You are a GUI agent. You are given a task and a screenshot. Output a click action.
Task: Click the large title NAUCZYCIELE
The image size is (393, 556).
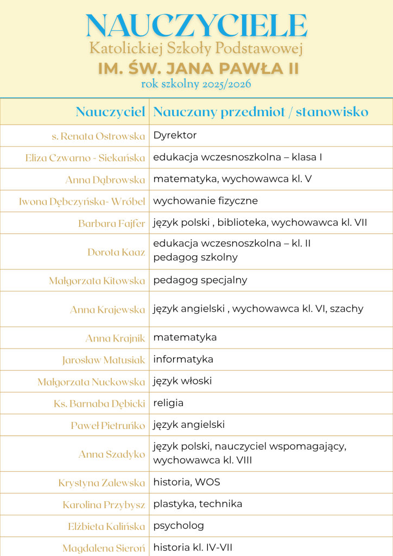pos(196,26)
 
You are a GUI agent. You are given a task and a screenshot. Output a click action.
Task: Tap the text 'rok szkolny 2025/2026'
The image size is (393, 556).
pos(196,84)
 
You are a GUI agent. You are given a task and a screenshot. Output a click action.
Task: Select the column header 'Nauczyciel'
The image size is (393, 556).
pos(110,112)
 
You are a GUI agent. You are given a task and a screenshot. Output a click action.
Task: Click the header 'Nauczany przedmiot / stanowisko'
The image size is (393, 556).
pos(261,112)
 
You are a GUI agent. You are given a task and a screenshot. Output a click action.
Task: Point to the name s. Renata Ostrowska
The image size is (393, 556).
pos(98,136)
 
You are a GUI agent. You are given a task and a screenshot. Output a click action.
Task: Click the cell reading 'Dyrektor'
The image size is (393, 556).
pos(175,135)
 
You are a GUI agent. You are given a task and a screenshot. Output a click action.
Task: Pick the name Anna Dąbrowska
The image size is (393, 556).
pos(105,180)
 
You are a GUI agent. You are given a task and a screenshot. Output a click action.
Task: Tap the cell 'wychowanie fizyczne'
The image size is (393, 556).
pos(205,201)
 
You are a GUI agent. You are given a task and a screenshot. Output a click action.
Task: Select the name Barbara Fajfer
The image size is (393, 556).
pos(111,223)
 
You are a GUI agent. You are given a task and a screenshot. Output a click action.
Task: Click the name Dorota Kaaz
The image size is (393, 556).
pos(116,252)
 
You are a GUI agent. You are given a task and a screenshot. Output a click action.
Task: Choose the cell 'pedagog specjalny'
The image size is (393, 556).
pos(200,280)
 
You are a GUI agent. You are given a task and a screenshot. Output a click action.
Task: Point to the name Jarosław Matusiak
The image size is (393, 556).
pos(104,359)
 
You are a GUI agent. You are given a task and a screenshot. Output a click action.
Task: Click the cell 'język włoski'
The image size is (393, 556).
pos(182,381)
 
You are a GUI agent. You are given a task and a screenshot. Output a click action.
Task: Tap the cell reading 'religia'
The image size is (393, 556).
pos(168,403)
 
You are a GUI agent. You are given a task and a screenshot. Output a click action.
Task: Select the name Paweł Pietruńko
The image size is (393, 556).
pos(108,425)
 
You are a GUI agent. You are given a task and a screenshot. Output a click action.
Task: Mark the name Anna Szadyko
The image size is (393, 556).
pos(112,454)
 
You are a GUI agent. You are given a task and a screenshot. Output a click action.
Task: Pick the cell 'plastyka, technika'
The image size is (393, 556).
pos(198,504)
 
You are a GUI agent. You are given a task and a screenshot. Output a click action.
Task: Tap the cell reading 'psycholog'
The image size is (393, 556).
pos(179,526)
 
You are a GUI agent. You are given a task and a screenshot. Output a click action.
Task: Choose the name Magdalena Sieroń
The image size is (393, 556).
pos(104,548)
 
